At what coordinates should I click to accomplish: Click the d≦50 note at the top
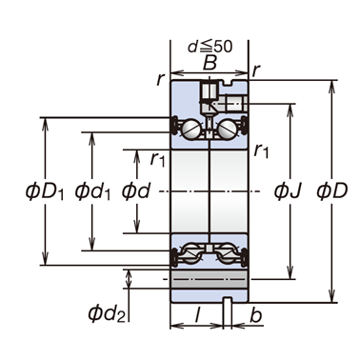coord(210,47)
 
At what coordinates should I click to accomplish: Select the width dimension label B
coord(210,63)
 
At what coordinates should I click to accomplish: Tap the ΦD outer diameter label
coord(332,190)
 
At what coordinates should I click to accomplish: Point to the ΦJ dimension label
coord(288,190)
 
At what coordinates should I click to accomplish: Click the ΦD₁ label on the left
coord(45,191)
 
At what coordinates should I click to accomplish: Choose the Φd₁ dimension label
coord(92,191)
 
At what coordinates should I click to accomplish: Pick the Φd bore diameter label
coord(136,190)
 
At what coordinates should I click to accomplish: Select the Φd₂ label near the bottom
coord(107,313)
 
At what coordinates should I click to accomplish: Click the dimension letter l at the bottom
coord(197,315)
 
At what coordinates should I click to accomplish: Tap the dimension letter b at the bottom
coord(256,315)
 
